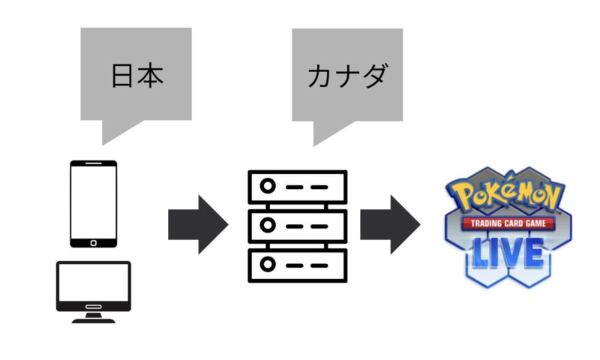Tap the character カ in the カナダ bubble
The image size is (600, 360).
tap(319, 77)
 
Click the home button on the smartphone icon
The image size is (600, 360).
tap(94, 241)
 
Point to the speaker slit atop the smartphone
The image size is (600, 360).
tap(94, 163)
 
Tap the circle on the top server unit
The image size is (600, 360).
tap(268, 185)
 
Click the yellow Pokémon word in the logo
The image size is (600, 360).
tap(511, 198)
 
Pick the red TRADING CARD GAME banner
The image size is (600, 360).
tap(511, 224)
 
